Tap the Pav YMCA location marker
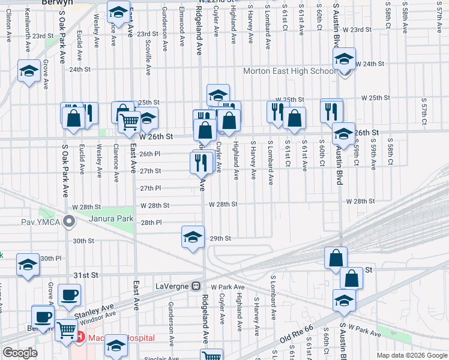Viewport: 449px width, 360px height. [70, 223]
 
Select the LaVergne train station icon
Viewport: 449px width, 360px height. [196, 286]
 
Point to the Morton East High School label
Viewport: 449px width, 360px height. [289, 71]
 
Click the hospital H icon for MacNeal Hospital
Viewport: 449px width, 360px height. [80, 338]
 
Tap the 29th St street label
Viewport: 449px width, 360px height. [220, 238]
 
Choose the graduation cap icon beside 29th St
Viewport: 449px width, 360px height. [193, 238]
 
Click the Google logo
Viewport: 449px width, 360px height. [20, 353]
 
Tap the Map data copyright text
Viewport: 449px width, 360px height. [411, 355]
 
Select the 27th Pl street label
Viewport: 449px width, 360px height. [151, 188]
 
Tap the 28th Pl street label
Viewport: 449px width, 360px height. [151, 223]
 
